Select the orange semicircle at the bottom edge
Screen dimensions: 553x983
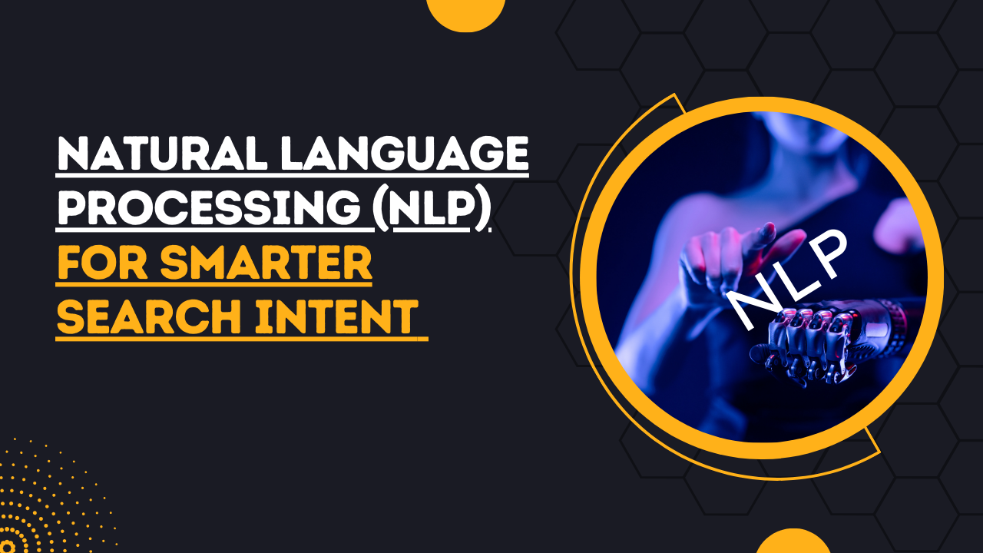[x=793, y=541]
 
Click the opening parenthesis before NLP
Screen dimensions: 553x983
[x=381, y=209]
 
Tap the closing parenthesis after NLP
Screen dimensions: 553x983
[x=483, y=209]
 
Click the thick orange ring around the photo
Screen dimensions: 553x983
[x=932, y=276]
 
